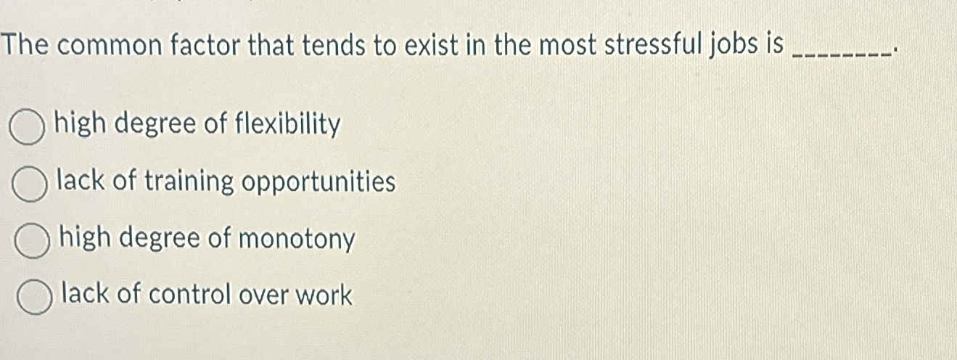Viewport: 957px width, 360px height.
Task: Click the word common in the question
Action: [112, 46]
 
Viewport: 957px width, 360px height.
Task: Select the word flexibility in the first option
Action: [287, 126]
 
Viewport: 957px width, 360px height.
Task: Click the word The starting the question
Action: [26, 46]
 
